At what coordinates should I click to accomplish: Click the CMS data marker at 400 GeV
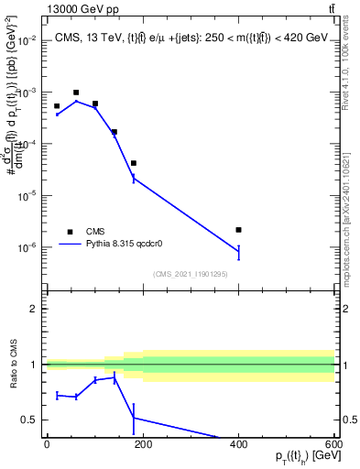coord(238,230)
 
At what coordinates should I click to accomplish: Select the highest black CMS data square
coord(76,93)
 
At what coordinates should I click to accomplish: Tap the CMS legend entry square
coord(70,232)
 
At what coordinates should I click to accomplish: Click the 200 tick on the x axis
coord(143,445)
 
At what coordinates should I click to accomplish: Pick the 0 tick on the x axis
coord(47,445)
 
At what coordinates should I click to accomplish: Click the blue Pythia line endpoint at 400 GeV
coord(238,250)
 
